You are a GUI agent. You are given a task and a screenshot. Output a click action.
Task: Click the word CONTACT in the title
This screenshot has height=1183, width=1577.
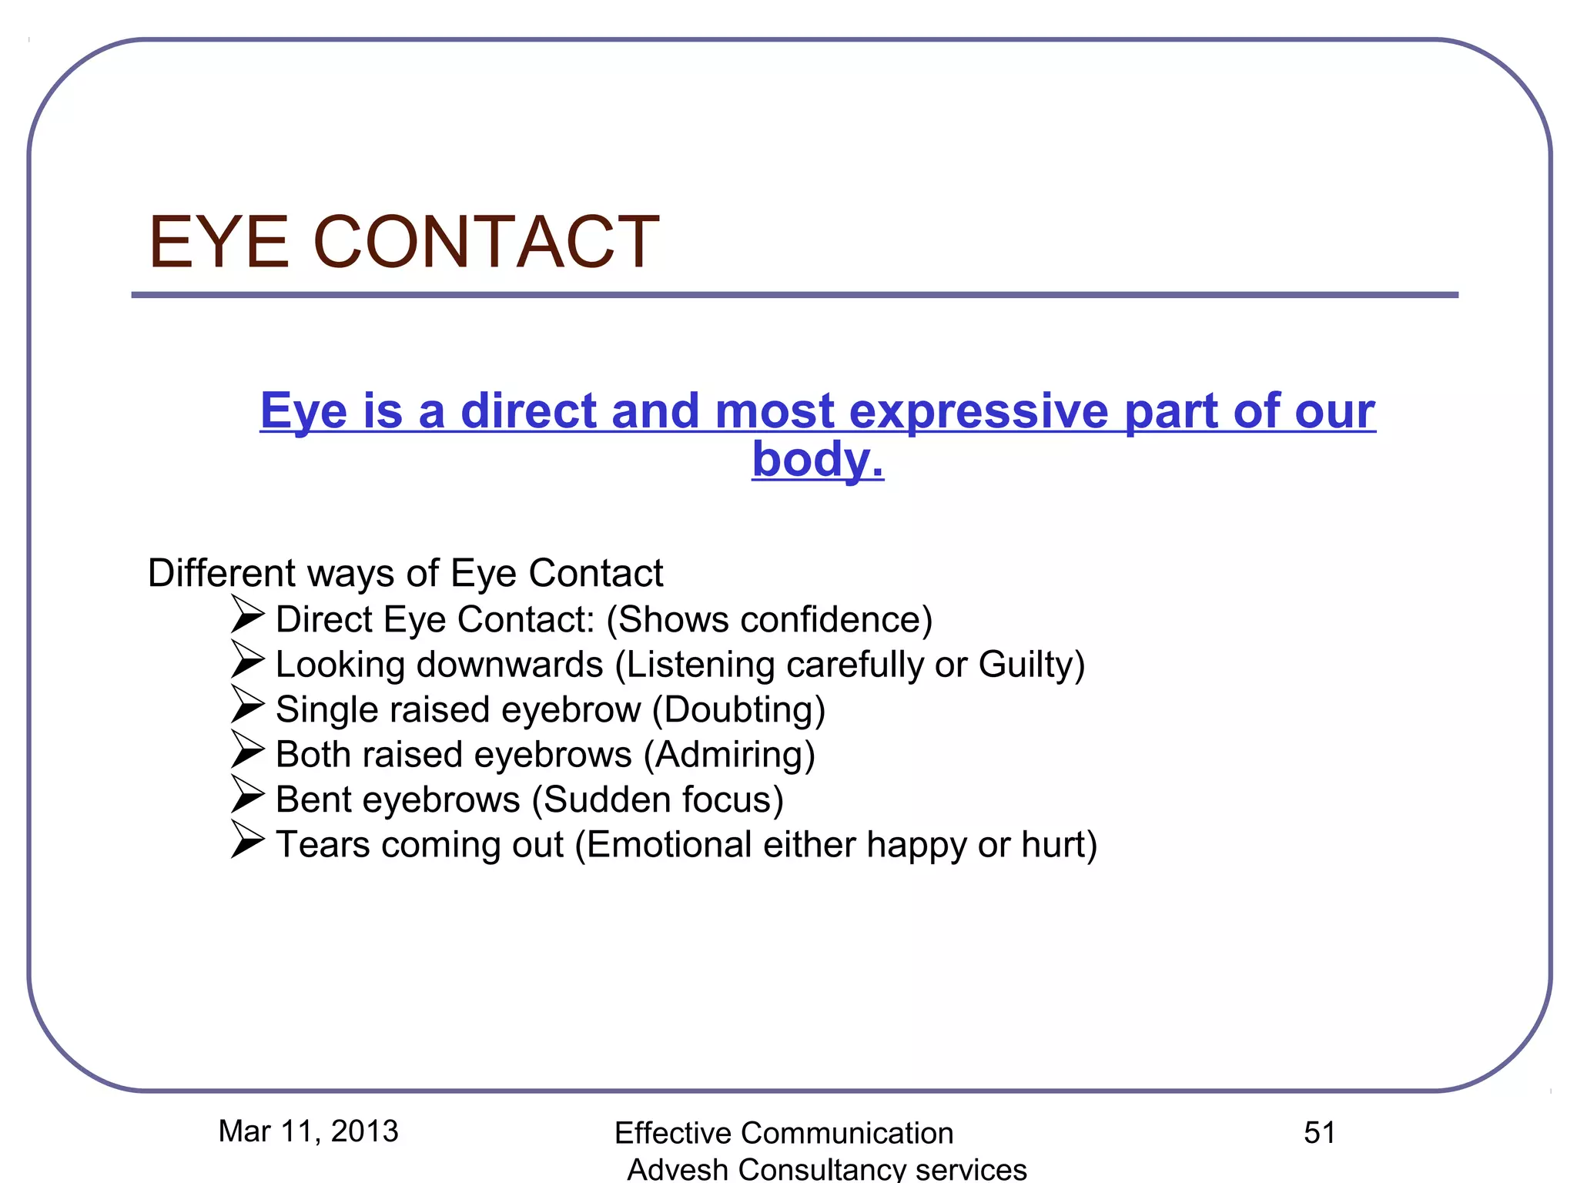point(486,243)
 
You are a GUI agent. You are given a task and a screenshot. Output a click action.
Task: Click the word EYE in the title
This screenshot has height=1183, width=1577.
point(219,243)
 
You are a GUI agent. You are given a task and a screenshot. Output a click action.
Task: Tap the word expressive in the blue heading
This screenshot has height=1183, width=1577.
point(979,411)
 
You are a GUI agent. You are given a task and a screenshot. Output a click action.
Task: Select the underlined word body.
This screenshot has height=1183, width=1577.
point(817,460)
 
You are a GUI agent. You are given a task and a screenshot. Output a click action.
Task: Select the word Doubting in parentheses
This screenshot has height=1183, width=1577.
point(739,710)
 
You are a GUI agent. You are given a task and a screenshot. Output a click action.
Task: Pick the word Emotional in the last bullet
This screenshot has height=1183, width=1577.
point(669,845)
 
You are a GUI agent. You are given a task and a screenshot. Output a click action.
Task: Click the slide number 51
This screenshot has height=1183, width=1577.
point(1319,1132)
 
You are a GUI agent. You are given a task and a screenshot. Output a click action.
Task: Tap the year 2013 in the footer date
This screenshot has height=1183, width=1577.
point(364,1131)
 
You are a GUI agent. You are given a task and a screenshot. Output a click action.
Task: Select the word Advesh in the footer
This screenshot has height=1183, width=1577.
point(678,1169)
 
